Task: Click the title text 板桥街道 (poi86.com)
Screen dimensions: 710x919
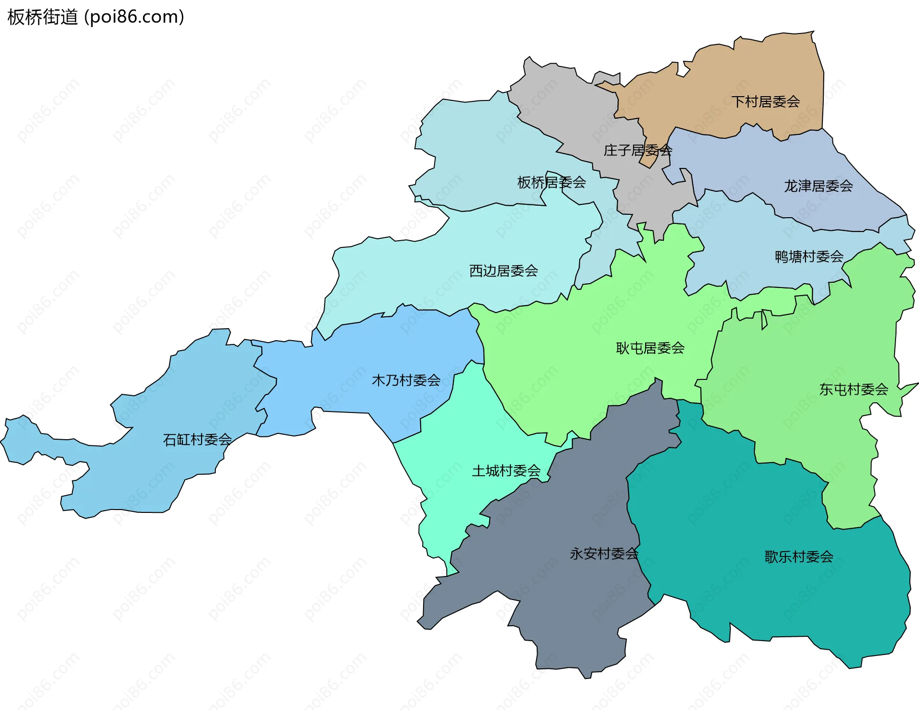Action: click(96, 17)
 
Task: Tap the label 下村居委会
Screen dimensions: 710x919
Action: click(765, 101)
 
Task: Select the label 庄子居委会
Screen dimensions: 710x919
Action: click(638, 150)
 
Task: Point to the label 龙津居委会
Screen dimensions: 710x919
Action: click(818, 186)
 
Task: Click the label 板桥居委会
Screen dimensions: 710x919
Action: click(551, 182)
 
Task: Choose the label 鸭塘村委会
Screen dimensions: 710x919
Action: click(809, 256)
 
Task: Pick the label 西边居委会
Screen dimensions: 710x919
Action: click(504, 271)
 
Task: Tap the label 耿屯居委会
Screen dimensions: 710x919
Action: click(650, 348)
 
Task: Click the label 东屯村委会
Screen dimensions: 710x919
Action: click(853, 389)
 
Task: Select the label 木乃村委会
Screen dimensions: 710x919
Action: click(406, 380)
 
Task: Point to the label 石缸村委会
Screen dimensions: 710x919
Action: click(197, 439)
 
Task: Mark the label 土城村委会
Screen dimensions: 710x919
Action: click(506, 471)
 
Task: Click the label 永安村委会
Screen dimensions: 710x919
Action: click(604, 554)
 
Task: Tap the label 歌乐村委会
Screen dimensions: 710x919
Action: click(799, 556)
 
